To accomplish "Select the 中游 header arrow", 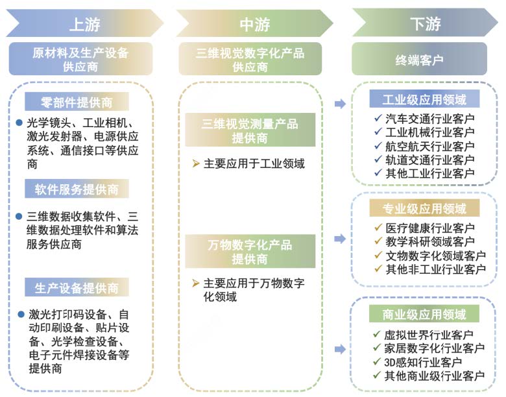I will (254, 23).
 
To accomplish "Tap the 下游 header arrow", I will (425, 23).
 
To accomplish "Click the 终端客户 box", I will (418, 59).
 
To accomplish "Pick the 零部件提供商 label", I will (77, 102).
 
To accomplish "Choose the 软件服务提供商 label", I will (77, 189).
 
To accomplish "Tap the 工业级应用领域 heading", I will (425, 99).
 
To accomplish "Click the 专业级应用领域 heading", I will (425, 208).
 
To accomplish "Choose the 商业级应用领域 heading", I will (425, 315).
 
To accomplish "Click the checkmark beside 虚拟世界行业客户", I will (378, 335).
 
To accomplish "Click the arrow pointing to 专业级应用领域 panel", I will (339, 239).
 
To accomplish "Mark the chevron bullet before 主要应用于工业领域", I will (196, 163).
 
